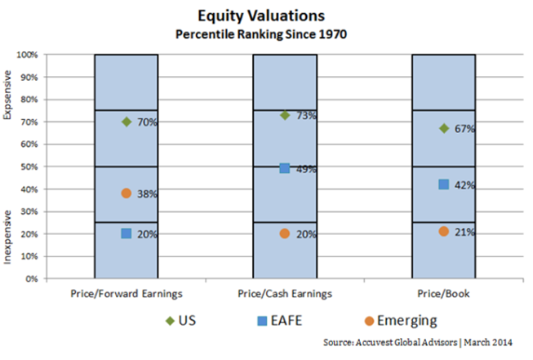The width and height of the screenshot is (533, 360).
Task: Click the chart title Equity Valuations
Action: coord(267,15)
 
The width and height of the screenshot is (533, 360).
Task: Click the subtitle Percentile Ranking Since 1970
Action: coord(267,33)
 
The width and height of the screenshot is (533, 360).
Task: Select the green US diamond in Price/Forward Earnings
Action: coord(127,122)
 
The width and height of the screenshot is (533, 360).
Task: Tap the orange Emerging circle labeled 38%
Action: coord(127,193)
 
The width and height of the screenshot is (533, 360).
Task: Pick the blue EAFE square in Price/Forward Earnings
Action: coord(127,233)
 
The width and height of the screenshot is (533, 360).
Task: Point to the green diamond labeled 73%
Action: coord(285,115)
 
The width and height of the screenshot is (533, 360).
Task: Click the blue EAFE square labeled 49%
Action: coord(285,168)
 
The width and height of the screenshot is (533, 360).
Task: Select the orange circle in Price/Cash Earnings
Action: coord(285,233)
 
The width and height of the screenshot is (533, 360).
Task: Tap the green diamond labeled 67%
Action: coord(444,128)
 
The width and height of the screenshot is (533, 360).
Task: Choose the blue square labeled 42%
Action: coord(444,184)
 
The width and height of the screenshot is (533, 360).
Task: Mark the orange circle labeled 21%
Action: coord(444,232)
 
